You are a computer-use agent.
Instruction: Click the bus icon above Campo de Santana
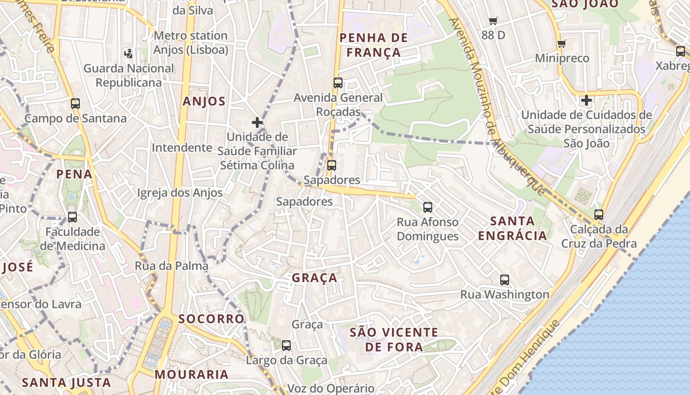[75, 104]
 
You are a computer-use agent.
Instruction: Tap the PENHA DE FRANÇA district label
[374, 45]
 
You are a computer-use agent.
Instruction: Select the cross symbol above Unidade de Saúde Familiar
[257, 122]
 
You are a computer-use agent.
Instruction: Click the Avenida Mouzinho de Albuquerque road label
[498, 106]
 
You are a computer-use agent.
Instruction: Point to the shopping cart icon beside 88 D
[493, 21]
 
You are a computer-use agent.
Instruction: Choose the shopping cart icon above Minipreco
[561, 44]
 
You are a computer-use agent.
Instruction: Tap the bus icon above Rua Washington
[505, 280]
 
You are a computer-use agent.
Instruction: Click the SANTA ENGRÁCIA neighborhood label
[513, 228]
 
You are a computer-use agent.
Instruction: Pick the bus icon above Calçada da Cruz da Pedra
[599, 215]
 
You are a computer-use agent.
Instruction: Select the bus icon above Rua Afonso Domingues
[428, 207]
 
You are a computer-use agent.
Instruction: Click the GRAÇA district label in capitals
[314, 278]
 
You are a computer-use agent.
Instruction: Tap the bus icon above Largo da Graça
[286, 346]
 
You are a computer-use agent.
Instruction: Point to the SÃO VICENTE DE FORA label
[394, 340]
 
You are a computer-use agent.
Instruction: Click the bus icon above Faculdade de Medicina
[72, 217]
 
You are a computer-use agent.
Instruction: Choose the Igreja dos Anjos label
[180, 193]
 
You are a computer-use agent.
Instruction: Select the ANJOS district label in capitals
[204, 102]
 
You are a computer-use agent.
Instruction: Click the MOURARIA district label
[192, 374]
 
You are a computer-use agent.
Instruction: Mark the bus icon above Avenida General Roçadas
[338, 83]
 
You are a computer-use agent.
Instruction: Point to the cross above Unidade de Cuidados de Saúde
[586, 101]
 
